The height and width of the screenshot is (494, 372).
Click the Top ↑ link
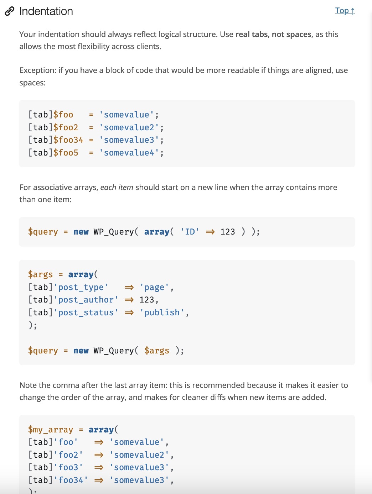345,11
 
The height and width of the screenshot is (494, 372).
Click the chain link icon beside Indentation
10,11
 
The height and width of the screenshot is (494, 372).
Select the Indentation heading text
46,11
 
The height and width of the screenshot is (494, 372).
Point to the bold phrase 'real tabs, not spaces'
273,35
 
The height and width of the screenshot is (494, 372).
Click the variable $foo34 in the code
68,140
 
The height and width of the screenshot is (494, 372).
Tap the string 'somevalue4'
129,153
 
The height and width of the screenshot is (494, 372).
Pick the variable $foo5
66,153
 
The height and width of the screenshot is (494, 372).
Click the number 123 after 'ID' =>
228,232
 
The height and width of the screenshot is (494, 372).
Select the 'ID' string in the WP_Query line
190,232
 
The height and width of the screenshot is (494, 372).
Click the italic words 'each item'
117,188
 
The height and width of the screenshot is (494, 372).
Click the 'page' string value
154,287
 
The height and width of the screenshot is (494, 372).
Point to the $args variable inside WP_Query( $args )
157,351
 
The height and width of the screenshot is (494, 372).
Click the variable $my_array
51,430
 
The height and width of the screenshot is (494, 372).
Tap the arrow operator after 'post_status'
129,312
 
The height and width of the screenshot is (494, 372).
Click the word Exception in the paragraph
37,70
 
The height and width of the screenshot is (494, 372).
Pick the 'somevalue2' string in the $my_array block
139,455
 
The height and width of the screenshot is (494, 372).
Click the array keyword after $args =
81,274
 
